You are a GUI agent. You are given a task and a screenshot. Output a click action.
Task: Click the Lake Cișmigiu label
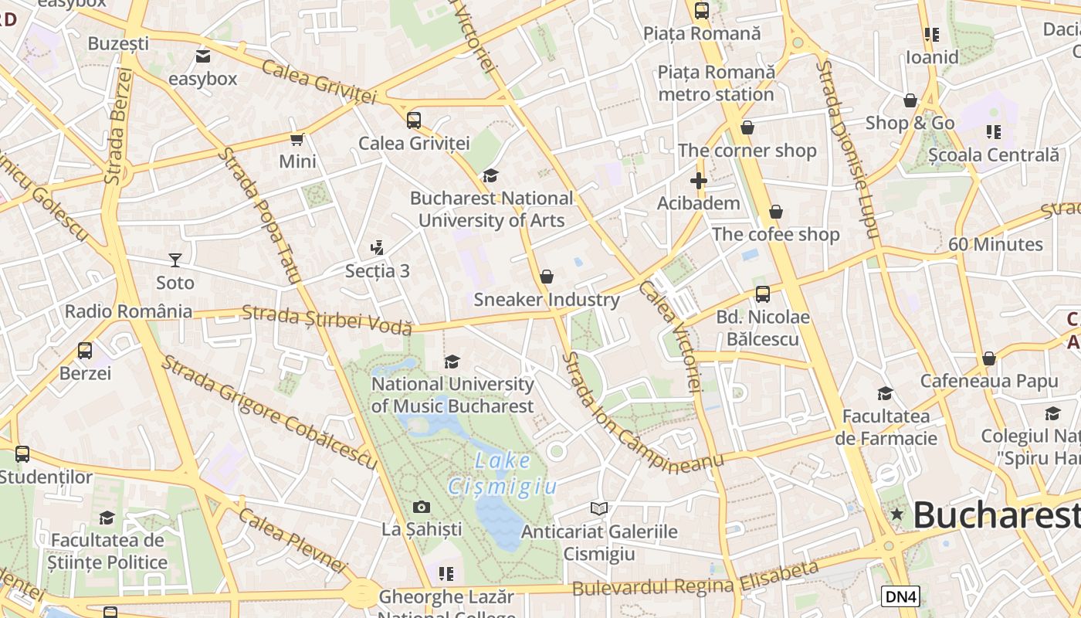[503, 474]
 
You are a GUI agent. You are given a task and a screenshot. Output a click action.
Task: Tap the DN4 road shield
[900, 596]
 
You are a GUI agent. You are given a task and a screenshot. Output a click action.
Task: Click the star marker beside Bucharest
[896, 514]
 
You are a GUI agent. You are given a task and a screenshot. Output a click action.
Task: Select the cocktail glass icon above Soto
[175, 260]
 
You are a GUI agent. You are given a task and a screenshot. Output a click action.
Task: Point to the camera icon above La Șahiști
[421, 507]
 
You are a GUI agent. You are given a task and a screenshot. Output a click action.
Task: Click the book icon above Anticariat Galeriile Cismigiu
[599, 508]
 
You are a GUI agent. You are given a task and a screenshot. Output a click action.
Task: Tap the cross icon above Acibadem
[699, 182]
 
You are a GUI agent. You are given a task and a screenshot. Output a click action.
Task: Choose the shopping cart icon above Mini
[297, 139]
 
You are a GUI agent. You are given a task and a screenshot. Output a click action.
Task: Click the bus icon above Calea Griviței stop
[414, 121]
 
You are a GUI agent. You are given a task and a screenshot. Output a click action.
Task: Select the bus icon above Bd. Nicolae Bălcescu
[763, 294]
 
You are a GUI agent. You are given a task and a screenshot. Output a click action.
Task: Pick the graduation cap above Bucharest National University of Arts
[491, 176]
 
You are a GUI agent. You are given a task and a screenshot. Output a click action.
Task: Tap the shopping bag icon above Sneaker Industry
[547, 277]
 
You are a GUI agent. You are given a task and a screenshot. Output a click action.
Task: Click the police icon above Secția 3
[378, 248]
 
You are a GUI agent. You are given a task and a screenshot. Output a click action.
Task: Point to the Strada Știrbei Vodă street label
[327, 320]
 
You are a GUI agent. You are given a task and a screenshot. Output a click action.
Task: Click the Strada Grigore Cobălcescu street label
[269, 413]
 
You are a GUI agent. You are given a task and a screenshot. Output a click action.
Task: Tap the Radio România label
[128, 312]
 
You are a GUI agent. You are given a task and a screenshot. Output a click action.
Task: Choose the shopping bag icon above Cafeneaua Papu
[988, 358]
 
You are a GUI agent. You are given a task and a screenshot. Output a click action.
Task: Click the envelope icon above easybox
[203, 56]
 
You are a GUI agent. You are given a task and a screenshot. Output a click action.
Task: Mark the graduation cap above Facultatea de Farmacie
[885, 394]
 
